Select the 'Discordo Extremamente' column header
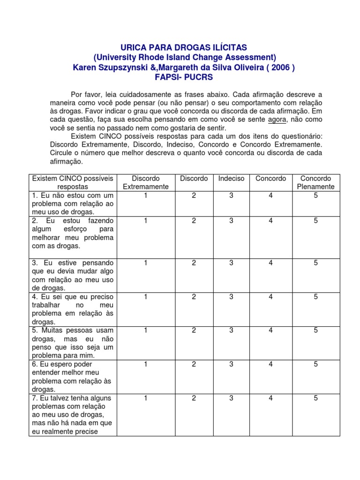(x=146, y=182)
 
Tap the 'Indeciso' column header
(x=231, y=179)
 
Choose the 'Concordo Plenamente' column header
(x=315, y=182)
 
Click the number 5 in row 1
(x=316, y=195)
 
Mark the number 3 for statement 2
(x=231, y=220)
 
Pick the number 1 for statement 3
(x=146, y=263)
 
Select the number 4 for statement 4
(x=270, y=297)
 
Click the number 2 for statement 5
(x=194, y=330)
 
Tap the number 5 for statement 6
(x=316, y=364)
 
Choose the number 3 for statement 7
(x=231, y=398)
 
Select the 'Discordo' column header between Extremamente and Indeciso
(x=194, y=179)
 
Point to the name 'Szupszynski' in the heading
(x=120, y=67)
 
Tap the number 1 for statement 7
(x=146, y=398)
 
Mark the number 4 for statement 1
(x=270, y=195)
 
